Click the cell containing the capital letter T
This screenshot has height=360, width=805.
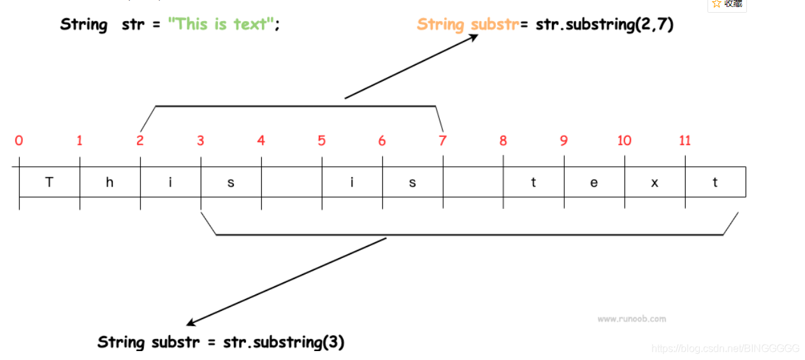49,182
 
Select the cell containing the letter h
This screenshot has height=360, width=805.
110,182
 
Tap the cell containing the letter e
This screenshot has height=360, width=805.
594,182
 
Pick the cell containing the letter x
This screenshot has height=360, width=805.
655,182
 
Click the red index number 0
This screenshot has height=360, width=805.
19,140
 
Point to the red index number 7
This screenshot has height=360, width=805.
442,140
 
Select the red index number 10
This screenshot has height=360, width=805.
624,140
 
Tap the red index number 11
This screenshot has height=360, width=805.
685,140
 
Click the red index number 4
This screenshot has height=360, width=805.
261,140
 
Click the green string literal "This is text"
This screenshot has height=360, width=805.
221,25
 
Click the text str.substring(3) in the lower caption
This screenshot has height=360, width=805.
284,342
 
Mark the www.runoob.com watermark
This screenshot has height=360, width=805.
632,319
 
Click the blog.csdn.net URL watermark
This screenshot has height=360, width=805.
726,349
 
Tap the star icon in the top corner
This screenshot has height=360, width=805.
716,4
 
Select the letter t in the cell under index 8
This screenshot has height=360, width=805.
533,182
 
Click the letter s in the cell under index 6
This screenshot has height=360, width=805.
412,182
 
